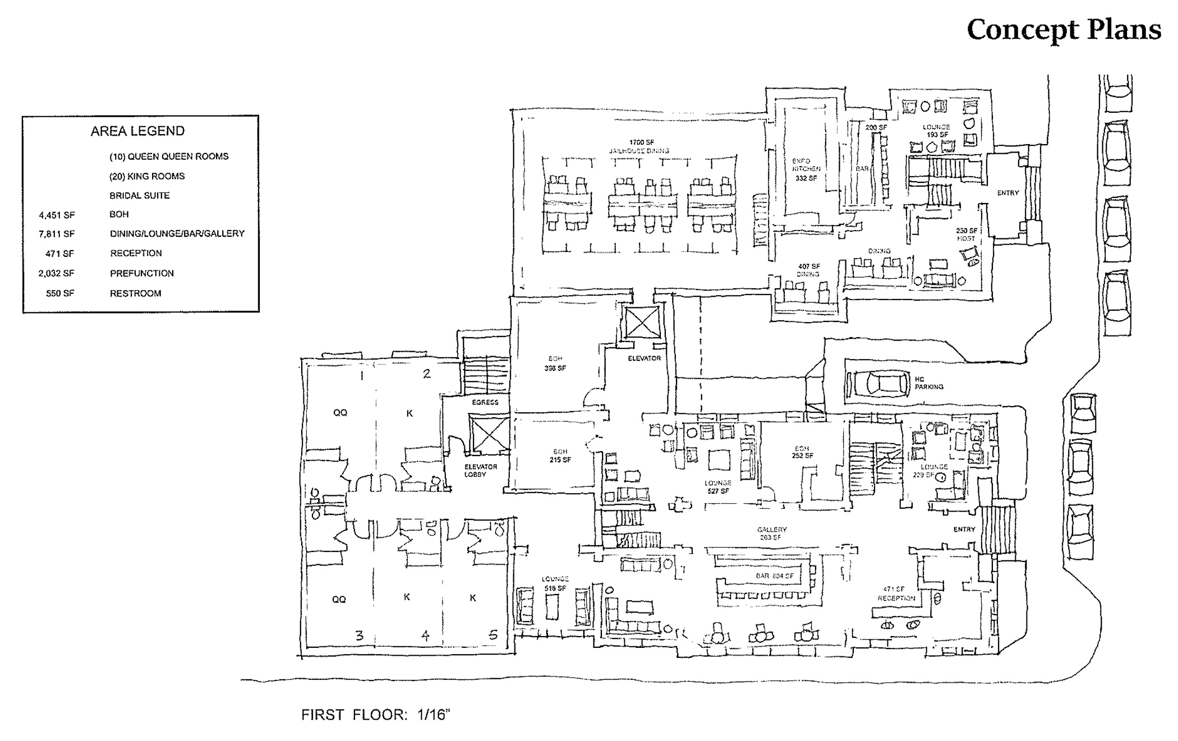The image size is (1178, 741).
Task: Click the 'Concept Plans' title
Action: click(1064, 30)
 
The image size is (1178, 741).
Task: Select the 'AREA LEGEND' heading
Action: click(137, 131)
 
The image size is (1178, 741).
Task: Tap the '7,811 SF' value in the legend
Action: click(57, 234)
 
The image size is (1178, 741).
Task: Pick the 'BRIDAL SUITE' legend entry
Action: click(139, 196)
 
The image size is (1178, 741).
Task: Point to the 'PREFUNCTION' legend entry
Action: click(142, 274)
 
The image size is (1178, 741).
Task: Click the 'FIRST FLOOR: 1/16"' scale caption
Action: click(376, 715)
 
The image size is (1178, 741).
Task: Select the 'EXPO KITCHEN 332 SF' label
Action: click(806, 169)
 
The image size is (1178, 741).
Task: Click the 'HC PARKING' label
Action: click(928, 383)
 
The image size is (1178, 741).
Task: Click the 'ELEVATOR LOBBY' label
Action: click(481, 471)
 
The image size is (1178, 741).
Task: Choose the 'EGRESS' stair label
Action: click(485, 402)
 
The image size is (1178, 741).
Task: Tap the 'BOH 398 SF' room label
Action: click(555, 363)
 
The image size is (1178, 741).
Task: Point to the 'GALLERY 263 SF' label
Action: click(772, 533)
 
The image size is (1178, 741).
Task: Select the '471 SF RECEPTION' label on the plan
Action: click(896, 594)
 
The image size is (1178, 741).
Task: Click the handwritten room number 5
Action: click(493, 635)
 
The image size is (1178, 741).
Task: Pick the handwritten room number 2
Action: click(426, 374)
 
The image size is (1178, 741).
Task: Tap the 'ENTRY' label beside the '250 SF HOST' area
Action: click(1007, 193)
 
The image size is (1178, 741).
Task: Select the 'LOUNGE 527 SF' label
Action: click(718, 487)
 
